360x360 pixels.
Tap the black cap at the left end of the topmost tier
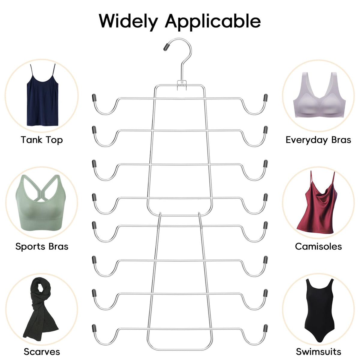(x=94, y=97)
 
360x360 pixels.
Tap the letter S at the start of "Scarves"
(x=26, y=352)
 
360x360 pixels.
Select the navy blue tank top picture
(x=42, y=95)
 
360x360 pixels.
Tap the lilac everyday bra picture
(x=319, y=95)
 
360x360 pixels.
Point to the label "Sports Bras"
(x=42, y=247)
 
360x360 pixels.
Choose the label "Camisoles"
(x=318, y=247)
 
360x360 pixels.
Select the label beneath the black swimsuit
(x=319, y=352)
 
